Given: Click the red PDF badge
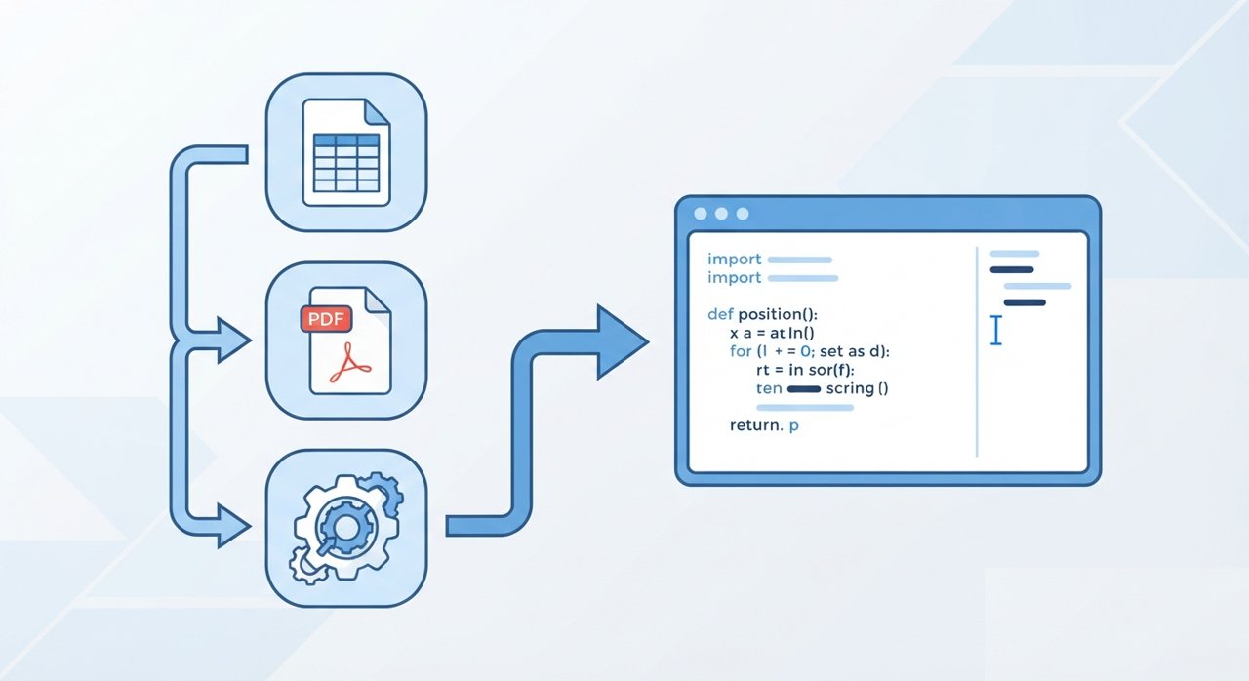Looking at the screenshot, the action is point(326,319).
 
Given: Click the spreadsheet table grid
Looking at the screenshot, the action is point(346,163).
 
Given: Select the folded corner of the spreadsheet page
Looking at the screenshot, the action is point(377,111).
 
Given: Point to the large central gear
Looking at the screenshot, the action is point(345,527).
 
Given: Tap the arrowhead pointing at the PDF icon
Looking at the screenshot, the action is point(233,340).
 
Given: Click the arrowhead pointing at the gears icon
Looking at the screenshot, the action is point(233,526).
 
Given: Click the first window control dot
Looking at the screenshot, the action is point(701,214).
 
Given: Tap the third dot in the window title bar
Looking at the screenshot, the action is point(743,214).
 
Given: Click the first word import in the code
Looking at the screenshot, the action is point(735,260).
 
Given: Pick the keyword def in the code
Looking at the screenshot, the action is point(720,314).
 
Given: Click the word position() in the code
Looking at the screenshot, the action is point(778,315).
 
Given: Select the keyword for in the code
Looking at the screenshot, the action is point(741,351).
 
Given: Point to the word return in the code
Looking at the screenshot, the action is point(756,425).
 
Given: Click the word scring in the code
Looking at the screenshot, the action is point(850,388).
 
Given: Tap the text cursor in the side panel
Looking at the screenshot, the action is point(996,330).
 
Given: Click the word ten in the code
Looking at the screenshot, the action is point(769,388).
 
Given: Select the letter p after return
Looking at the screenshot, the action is point(794,427).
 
